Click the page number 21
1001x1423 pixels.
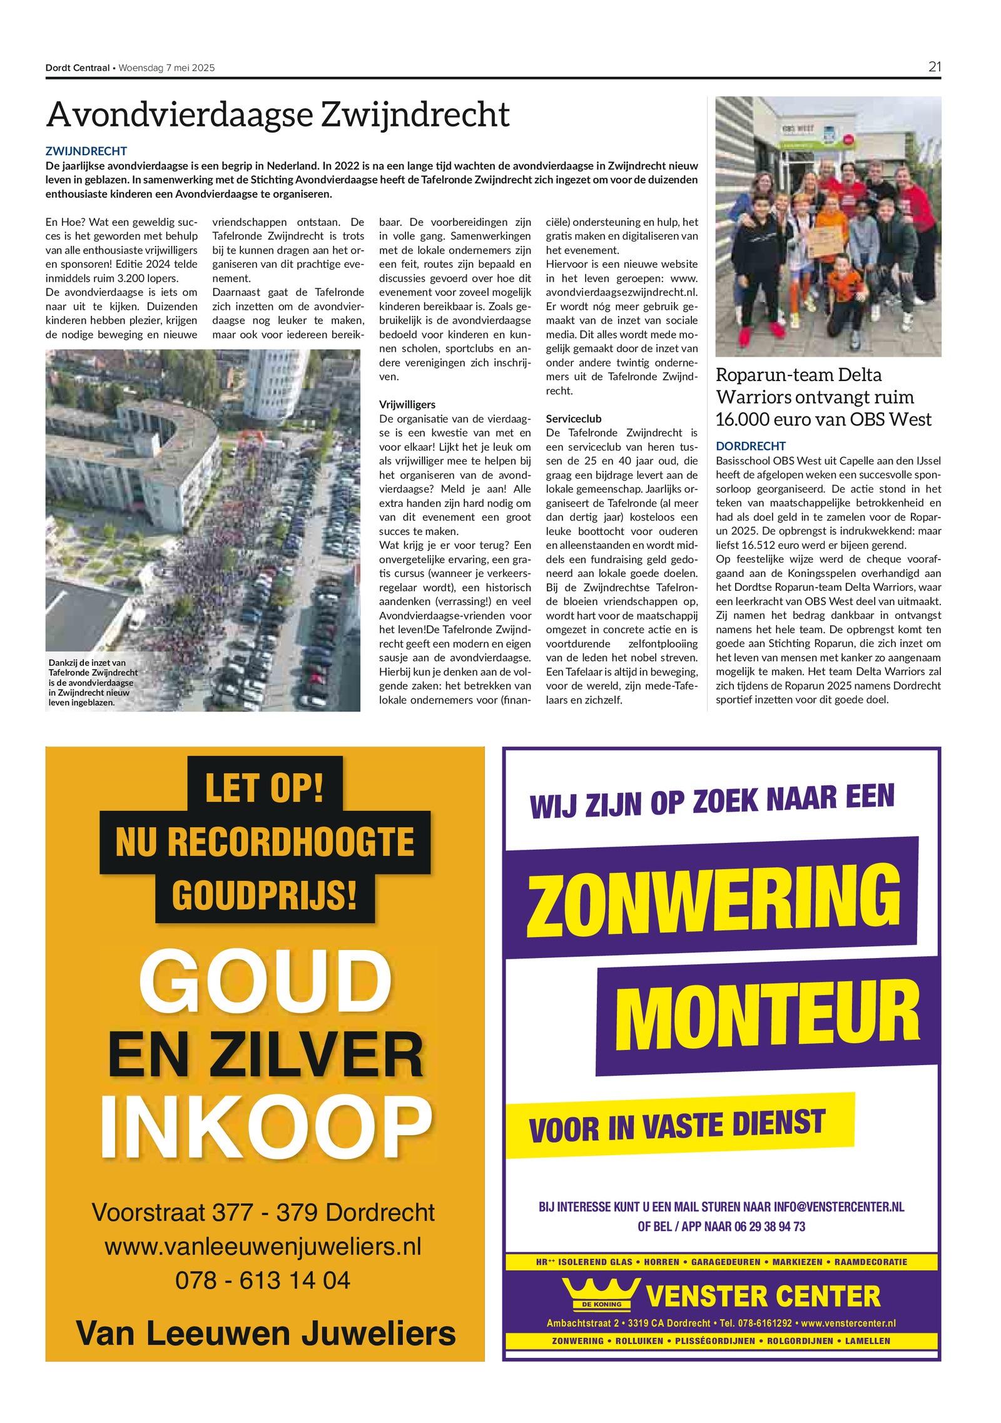934,67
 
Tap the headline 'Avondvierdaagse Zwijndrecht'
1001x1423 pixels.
278,115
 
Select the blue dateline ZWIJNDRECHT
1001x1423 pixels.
86,151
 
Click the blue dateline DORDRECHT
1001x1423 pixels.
750,446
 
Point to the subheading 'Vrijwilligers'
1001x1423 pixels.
407,404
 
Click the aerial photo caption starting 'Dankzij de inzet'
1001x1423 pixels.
93,682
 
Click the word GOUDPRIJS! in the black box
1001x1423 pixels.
265,895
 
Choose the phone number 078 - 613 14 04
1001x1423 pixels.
263,1280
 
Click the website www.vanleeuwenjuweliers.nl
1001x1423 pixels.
263,1247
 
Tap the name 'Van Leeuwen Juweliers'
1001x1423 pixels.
265,1333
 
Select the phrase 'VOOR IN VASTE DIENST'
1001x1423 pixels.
677,1126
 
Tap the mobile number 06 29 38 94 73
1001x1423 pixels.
770,1227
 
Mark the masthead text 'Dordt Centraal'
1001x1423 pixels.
78,68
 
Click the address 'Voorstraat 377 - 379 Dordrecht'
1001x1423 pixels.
263,1212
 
